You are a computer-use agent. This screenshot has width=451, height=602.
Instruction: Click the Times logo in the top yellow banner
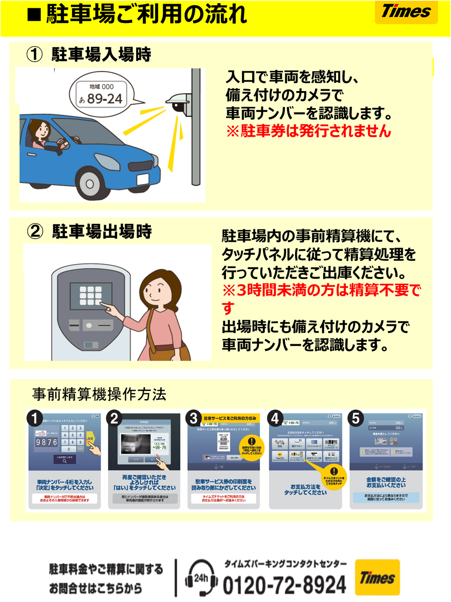tap(405, 11)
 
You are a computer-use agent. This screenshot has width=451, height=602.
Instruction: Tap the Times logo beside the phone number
tap(377, 578)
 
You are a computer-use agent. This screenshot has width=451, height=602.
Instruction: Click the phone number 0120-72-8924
tap(284, 585)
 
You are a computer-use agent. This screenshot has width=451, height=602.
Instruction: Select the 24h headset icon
tap(201, 578)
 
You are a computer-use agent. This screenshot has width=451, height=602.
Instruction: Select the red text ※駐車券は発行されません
tap(308, 131)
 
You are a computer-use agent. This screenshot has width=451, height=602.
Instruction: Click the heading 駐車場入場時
tap(101, 55)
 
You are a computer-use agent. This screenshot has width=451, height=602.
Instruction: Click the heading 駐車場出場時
tap(102, 231)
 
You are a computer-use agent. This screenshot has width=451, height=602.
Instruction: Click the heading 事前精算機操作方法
tap(99, 394)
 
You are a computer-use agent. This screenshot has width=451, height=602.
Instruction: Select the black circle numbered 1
tap(35, 419)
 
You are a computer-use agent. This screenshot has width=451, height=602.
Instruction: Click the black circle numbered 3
tap(194, 418)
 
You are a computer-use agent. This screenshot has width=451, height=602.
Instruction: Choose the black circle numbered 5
tap(355, 418)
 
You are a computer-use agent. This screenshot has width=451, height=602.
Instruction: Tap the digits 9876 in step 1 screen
tap(46, 442)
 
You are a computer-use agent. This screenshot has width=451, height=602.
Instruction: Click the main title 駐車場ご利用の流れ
tap(146, 15)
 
